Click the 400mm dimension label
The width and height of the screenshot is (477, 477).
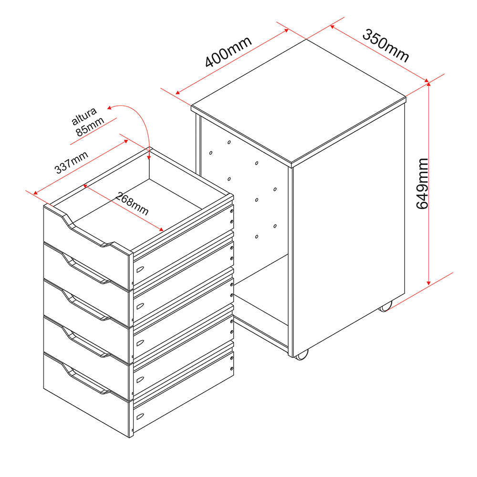(x=228, y=51)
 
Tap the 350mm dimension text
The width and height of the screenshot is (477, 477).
(x=386, y=45)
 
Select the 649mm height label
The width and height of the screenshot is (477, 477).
(x=422, y=184)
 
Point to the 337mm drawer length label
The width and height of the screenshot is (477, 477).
(x=71, y=163)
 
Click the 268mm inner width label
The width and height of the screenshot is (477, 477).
(x=132, y=204)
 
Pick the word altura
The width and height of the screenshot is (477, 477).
(x=84, y=116)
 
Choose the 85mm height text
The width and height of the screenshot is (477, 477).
(x=90, y=126)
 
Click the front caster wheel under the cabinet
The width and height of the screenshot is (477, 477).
(x=301, y=355)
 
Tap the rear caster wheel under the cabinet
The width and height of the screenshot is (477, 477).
(x=385, y=307)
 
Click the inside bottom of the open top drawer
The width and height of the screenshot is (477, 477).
(x=137, y=201)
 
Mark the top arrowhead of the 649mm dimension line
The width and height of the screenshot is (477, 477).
(x=429, y=84)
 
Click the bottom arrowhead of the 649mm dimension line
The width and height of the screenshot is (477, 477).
(x=429, y=283)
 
